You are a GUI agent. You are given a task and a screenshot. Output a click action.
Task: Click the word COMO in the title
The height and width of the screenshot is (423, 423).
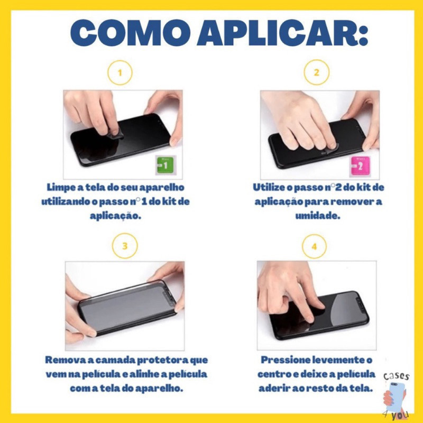pos(131,33)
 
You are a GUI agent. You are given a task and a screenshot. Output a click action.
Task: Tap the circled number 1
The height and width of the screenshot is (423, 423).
pos(120,72)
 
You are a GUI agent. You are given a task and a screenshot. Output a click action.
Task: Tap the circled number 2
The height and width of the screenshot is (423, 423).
pos(316,72)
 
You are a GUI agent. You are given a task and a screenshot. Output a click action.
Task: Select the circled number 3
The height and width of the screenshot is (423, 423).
pos(125,246)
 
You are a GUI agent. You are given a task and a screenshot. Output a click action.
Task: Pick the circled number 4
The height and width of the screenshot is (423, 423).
pos(314,246)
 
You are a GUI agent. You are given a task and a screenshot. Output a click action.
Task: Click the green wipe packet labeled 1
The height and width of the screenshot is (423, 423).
pos(165,165)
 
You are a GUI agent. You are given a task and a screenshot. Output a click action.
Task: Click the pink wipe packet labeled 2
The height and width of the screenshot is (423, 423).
pos(360,166)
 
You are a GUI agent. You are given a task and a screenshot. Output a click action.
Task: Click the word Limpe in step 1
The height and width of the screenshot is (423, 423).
pos(61,188)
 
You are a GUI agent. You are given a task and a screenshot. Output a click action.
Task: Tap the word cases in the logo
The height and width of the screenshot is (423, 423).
pos(396,376)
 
